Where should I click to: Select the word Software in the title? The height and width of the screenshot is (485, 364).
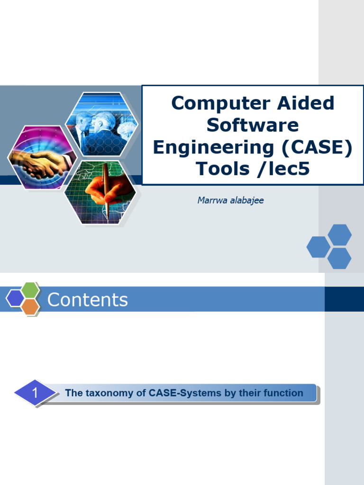253,125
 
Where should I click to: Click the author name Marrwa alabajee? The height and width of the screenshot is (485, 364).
230,200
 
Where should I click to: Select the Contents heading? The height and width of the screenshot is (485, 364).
88,300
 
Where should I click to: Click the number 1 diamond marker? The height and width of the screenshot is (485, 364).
35,393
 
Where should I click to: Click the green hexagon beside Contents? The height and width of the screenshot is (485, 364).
31,289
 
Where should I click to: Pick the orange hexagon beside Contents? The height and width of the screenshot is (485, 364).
30,307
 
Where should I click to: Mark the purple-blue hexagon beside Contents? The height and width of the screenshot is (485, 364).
15,298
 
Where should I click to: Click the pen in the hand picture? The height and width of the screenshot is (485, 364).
106,189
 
